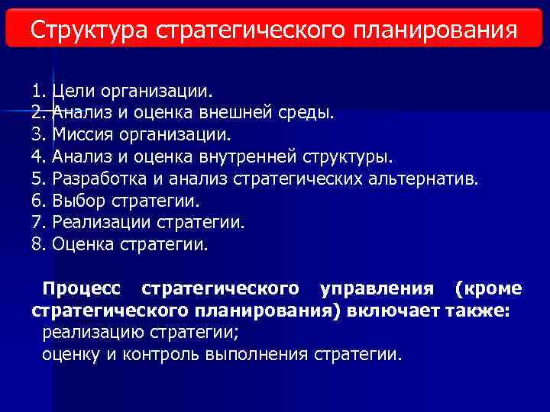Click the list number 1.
(39, 92)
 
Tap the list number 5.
(39, 179)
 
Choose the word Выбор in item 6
(80, 201)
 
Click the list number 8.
(39, 245)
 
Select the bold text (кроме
(488, 288)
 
